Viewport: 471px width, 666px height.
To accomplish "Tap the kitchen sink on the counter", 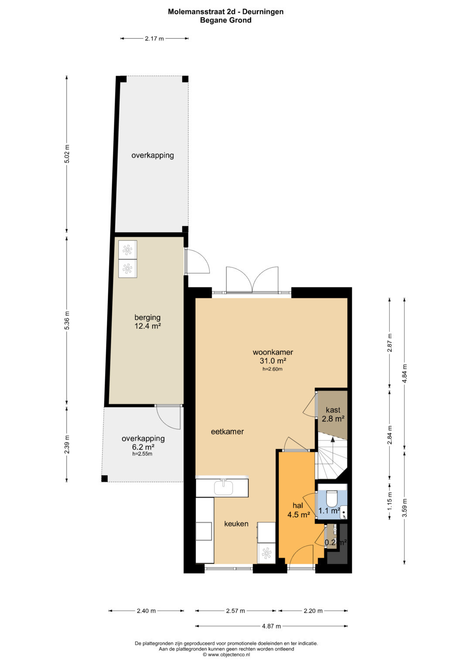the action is pos(224,488).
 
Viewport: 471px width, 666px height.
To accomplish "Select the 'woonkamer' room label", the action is pos(273,352).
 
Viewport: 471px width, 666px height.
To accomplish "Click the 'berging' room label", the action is pos(147,318).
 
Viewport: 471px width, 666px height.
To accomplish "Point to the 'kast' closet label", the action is pos(333,410).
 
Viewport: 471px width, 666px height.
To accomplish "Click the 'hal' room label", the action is pos(297,506).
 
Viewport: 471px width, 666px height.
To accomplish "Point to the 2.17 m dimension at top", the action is pos(154,38).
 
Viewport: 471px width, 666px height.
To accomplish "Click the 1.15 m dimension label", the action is pos(389,500).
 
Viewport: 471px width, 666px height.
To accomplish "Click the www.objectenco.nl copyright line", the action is pos(226,654).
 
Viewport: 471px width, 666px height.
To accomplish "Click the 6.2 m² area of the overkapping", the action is pos(143,447).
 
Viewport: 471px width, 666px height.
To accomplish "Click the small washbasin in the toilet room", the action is pos(344,512).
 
